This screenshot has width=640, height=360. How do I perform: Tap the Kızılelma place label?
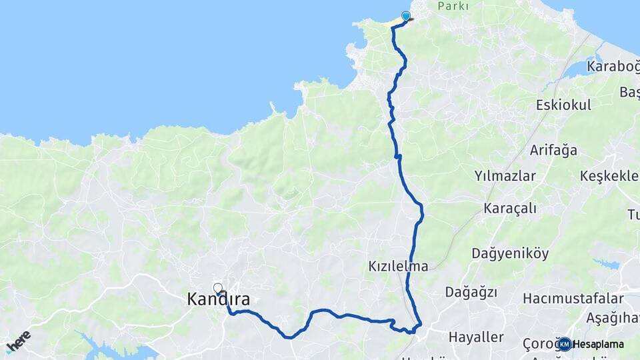point(397,266)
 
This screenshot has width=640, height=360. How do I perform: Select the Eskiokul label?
point(563,105)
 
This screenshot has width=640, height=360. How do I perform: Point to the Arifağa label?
point(553,150)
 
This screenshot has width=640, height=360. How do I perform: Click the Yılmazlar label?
point(505,176)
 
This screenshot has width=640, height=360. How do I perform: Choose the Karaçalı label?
point(511,208)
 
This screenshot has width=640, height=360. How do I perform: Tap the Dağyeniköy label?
point(509,253)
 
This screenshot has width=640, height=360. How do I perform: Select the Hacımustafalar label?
point(573,298)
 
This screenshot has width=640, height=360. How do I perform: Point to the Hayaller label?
point(476,337)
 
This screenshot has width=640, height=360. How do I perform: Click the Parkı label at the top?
point(453,6)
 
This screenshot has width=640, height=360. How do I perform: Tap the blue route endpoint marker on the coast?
point(405,16)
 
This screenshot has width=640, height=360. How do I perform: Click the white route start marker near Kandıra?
point(217,288)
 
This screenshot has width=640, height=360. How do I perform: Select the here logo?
point(18,341)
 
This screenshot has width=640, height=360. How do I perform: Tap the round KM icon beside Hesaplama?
point(565,344)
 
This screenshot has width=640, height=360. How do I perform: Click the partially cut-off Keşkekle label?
point(609,176)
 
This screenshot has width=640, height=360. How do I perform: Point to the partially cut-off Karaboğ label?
point(613,66)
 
